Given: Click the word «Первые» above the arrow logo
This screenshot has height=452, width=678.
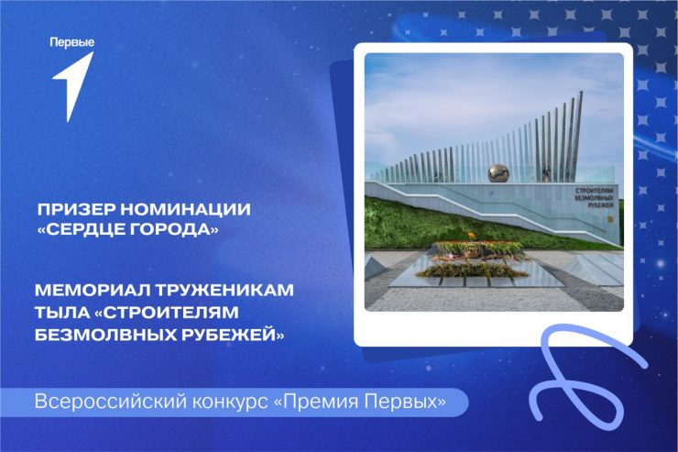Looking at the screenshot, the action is [71, 43].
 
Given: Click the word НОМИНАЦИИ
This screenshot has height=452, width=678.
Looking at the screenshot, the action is [185, 210].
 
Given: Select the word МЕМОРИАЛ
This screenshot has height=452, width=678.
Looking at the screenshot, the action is [92, 290].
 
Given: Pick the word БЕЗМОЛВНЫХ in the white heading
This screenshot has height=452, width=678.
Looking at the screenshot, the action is [102, 335].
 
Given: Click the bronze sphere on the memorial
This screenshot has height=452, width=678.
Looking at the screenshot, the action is [498, 173].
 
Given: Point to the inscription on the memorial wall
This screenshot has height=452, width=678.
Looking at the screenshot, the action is [594, 198].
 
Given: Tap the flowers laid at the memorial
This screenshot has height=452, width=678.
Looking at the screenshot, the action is [474, 258].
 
